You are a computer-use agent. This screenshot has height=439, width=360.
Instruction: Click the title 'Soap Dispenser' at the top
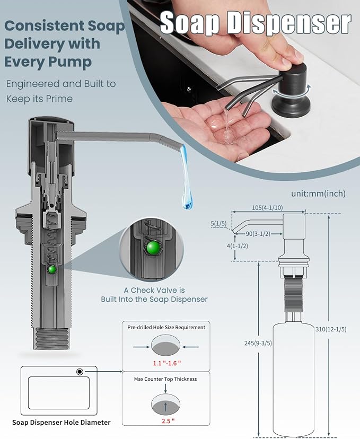pos(255,23)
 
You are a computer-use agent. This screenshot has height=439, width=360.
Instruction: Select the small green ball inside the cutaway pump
pos(52,269)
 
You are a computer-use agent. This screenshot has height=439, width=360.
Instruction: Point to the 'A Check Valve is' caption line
pos(154,290)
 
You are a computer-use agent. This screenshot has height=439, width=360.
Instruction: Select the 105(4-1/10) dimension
pos(268,207)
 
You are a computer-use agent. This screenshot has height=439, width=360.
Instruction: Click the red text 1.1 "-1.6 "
pos(166,364)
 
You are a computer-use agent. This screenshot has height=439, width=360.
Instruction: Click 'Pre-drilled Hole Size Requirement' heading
pos(166,327)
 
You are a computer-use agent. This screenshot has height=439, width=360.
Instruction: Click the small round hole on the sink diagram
pos(80,372)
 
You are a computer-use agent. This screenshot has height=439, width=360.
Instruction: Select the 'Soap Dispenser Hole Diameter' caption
pos(62,422)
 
